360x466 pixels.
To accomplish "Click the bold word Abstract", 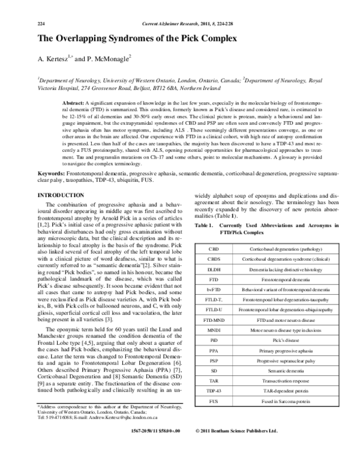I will (90, 104).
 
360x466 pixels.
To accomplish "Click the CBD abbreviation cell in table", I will (214, 248).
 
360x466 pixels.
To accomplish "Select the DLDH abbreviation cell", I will (214, 271).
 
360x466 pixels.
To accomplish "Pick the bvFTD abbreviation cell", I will (214, 290).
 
